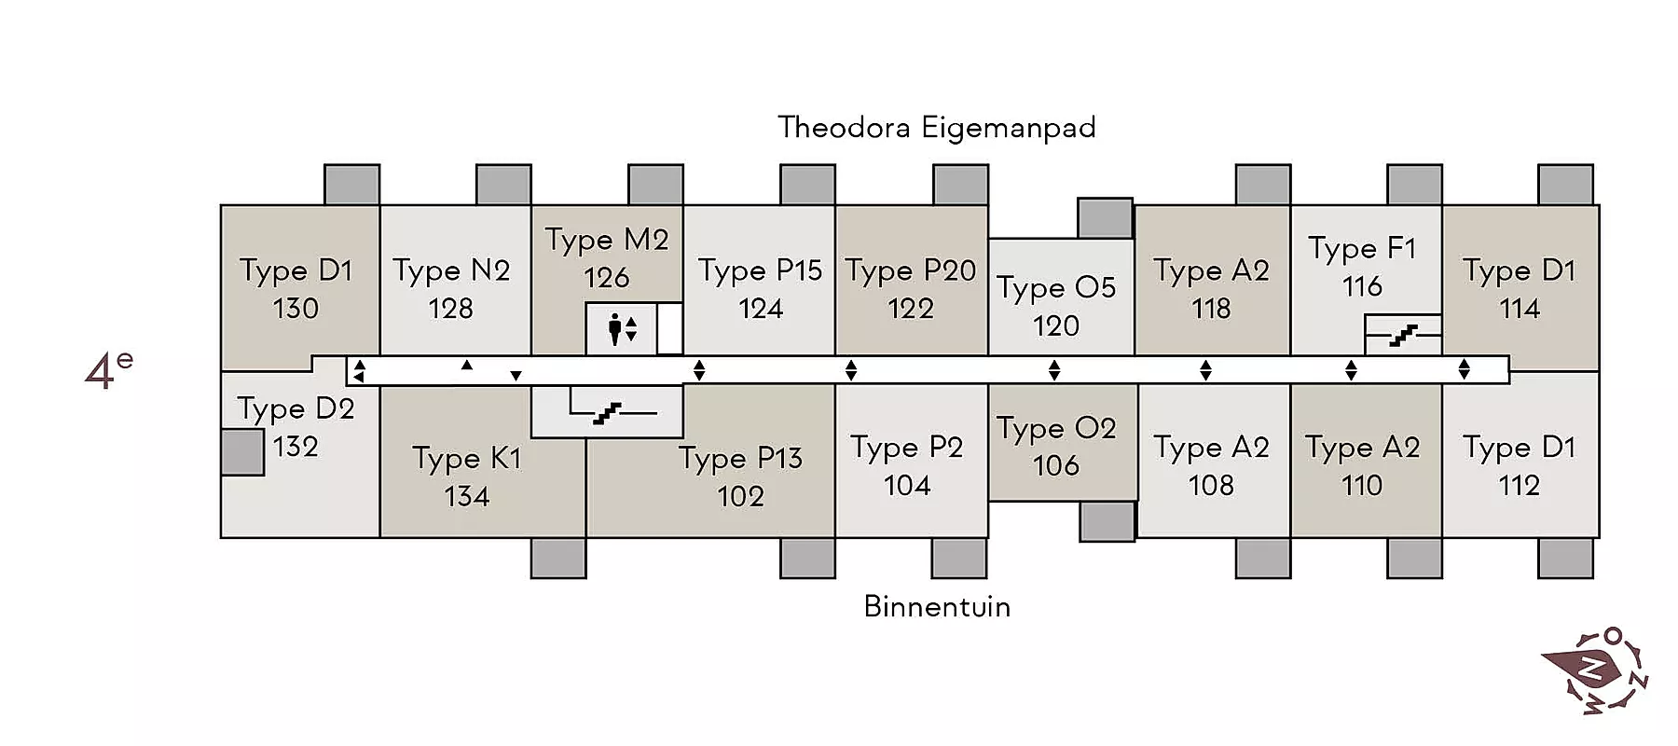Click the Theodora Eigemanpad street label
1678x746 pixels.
(937, 127)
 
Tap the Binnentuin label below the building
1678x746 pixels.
(937, 607)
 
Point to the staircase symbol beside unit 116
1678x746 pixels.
(1403, 335)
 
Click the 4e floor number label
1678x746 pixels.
(108, 369)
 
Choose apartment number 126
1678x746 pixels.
(607, 277)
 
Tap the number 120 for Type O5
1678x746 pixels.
(1056, 325)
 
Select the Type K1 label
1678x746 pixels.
(466, 459)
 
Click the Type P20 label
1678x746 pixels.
(911, 271)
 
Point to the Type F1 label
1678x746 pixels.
(1362, 249)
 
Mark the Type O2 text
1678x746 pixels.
(1056, 429)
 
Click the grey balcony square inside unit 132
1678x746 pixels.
(242, 452)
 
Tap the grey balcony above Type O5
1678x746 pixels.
(1106, 218)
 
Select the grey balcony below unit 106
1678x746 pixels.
(1107, 521)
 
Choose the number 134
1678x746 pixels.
(466, 496)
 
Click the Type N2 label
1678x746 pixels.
(451, 271)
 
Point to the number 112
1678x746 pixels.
(1520, 485)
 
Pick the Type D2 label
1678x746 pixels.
(296, 409)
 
